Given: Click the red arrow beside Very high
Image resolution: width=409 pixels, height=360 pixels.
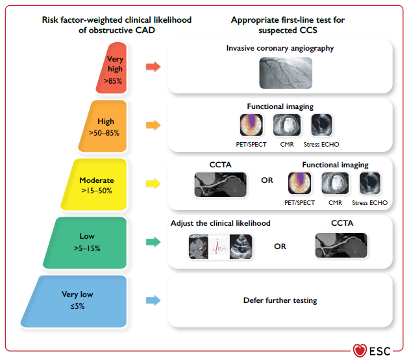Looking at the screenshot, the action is coord(153,67).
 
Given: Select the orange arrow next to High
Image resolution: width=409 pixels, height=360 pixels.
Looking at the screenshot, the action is coord(153,125).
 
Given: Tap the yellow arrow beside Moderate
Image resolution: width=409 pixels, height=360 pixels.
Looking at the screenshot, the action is coord(153,184).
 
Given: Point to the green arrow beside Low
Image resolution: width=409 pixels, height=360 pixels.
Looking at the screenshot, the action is coord(153,242).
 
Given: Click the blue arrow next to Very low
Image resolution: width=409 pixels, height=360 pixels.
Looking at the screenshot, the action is coord(153,300).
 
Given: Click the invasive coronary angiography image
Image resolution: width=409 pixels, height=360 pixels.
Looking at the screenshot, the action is coord(286,73).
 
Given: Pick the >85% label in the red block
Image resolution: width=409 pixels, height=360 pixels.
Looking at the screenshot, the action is coord(113,81).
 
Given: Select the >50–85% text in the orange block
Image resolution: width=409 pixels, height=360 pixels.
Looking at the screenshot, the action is coord(104,133).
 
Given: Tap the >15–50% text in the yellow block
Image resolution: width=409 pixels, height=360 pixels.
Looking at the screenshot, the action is coord(97,191).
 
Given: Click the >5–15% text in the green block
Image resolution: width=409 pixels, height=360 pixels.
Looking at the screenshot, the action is coord(87,248).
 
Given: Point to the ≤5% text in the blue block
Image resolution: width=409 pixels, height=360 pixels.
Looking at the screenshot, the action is coord(77,306).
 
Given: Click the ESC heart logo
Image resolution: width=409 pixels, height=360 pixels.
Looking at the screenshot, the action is coord(360,351).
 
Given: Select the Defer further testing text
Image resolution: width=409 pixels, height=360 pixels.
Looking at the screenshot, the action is coord(280,300).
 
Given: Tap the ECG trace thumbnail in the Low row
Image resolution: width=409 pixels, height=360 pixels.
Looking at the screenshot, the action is coord(219,246).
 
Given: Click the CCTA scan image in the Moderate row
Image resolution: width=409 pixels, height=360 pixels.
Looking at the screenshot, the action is coord(221,185).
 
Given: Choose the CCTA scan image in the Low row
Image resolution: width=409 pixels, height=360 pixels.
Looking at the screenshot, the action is coord(341,246).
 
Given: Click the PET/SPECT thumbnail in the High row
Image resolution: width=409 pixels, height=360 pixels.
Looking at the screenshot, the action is coord(251,125).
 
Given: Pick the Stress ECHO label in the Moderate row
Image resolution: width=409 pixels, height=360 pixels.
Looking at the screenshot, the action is coord(369,203).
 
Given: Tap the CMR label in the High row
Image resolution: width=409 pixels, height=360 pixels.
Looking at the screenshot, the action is coord(287,145).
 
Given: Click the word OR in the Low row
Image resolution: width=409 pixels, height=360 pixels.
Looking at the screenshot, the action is coord(280,246).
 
